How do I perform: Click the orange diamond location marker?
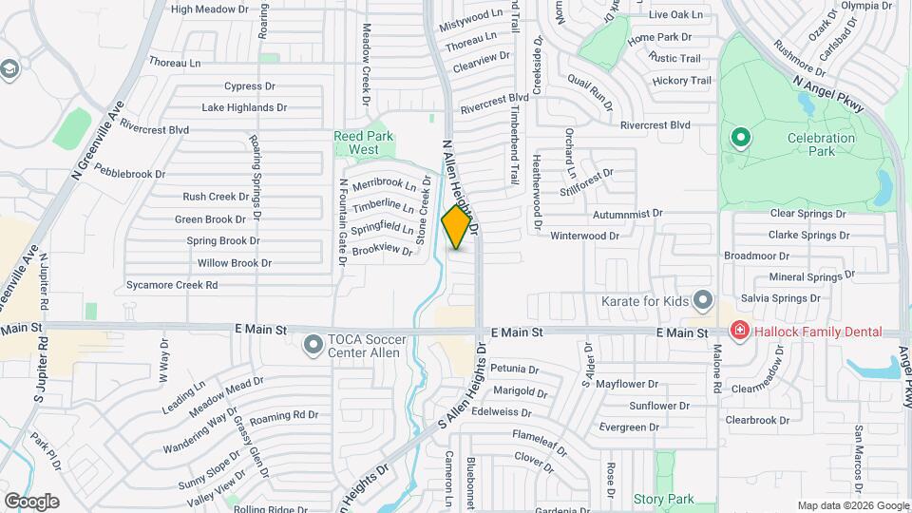(457, 227)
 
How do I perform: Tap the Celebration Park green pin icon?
(740, 139)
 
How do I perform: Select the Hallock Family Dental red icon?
(738, 331)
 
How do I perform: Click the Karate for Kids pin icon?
(702, 300)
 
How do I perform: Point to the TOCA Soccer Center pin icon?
(313, 345)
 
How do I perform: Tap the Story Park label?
(663, 499)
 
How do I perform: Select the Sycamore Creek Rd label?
(172, 284)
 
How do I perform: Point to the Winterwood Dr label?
(584, 235)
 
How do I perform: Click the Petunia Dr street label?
(515, 369)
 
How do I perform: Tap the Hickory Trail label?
(682, 81)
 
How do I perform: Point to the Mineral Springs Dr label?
(805, 277)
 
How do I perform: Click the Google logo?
(31, 501)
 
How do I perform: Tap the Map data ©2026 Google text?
(852, 505)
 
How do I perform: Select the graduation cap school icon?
(10, 68)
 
